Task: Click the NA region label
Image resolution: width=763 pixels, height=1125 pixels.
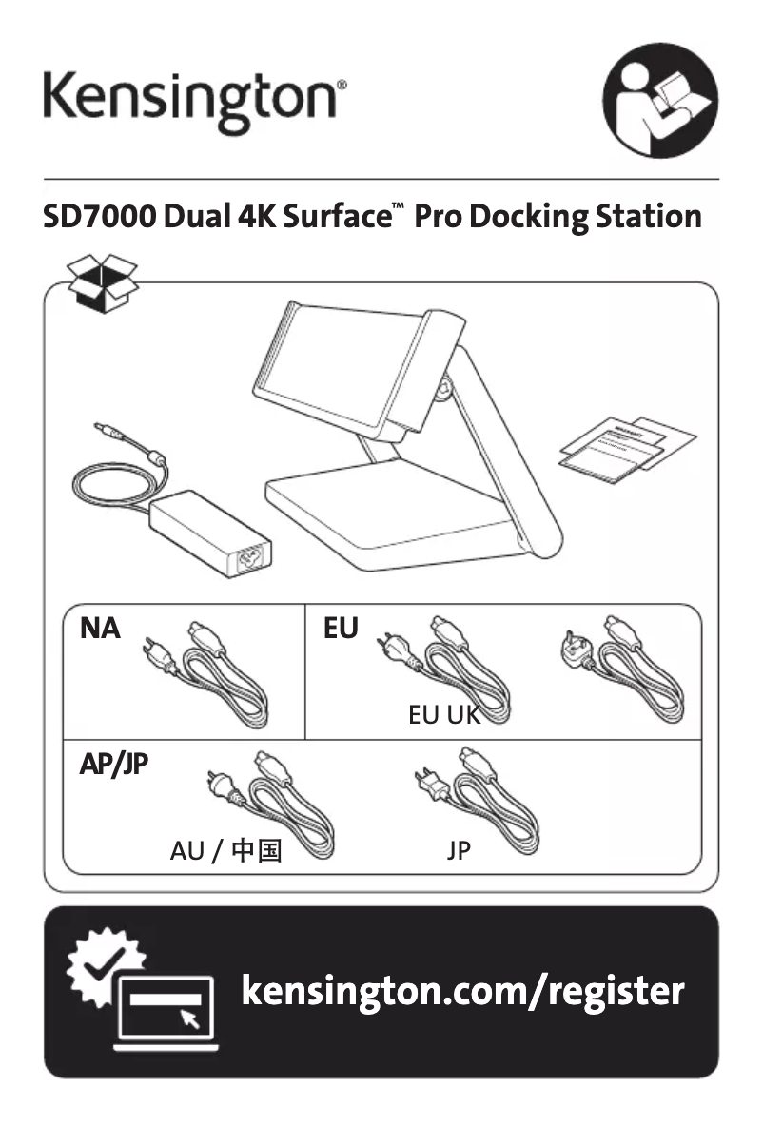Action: pyautogui.click(x=101, y=629)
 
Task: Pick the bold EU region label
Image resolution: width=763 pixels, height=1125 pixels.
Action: pyautogui.click(x=341, y=629)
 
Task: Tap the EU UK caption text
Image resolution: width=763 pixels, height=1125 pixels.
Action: pyautogui.click(x=444, y=715)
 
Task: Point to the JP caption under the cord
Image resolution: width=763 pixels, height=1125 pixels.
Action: pyautogui.click(x=459, y=851)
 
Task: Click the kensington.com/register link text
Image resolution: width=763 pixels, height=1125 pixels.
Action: pyautogui.click(x=462, y=990)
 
